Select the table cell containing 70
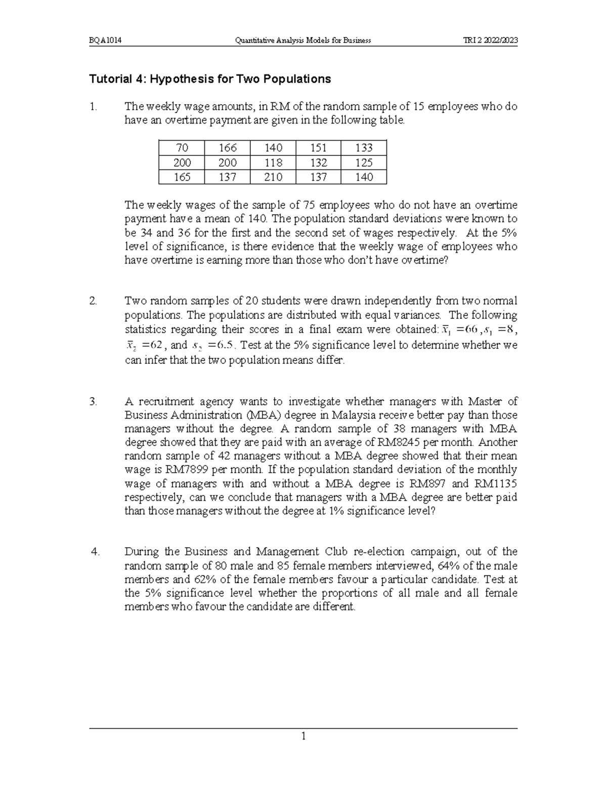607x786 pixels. (182, 148)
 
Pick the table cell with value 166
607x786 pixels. (227, 148)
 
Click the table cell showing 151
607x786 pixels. (318, 148)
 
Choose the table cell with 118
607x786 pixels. (273, 162)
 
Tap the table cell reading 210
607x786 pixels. (273, 177)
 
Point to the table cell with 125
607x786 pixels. (364, 162)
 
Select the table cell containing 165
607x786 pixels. (182, 177)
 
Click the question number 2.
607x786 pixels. (93, 301)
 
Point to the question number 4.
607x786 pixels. (94, 552)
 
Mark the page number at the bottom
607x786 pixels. (303, 736)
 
